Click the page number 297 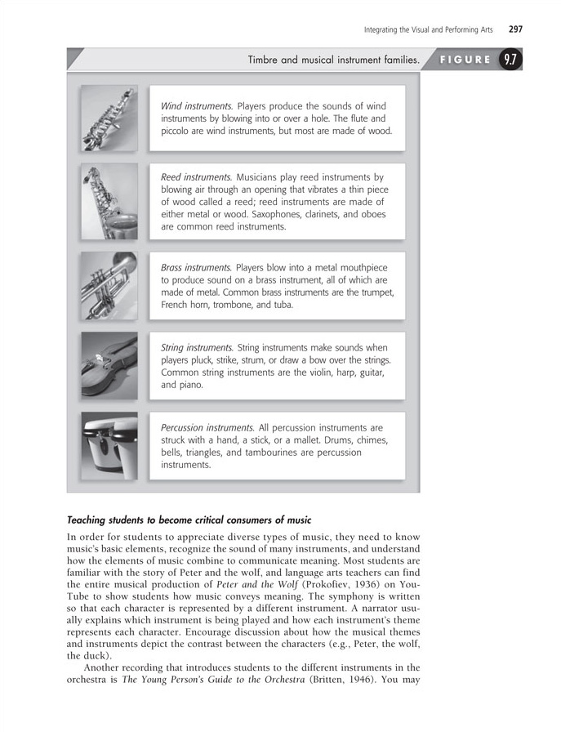click(514, 29)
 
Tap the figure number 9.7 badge click(510, 60)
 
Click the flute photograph click(109, 118)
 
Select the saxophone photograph click(109, 201)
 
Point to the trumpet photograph click(109, 284)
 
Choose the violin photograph click(109, 364)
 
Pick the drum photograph click(109, 445)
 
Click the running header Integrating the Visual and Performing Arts click(429, 30)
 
